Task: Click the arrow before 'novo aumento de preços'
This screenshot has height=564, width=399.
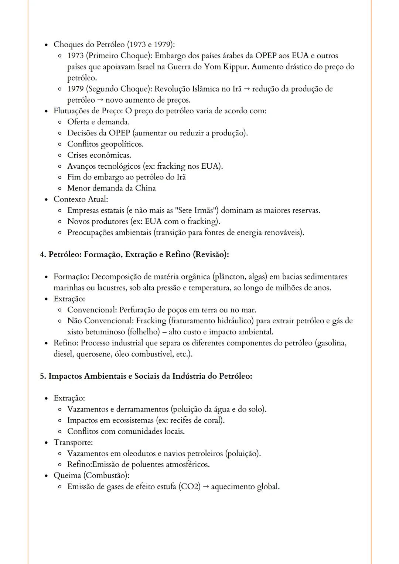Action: tap(100, 100)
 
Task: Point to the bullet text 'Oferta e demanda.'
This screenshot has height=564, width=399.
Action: tap(98, 122)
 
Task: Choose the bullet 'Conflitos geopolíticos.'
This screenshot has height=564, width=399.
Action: tap(105, 144)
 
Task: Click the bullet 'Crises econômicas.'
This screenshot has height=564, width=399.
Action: tap(99, 155)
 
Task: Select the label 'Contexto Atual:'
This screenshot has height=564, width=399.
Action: tap(81, 199)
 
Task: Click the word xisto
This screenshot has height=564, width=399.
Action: tap(75, 332)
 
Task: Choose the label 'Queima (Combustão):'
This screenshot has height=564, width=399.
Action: tap(91, 475)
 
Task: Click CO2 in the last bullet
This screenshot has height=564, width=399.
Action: tap(189, 486)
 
